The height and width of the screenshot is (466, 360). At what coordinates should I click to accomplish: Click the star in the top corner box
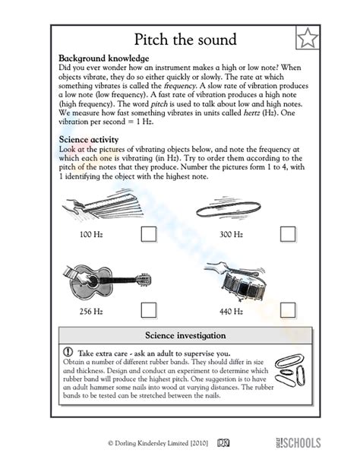pos(308,38)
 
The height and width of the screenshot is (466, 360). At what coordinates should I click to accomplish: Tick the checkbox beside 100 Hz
pos(149,234)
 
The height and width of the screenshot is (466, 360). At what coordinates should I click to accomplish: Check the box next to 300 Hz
pos(288,234)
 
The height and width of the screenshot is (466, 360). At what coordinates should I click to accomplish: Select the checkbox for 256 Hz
pos(149,310)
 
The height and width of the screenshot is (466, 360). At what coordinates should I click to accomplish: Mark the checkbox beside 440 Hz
pos(288,310)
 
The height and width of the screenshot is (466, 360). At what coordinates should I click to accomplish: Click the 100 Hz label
pos(91,234)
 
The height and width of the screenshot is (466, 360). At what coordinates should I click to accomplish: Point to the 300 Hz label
pos(231,234)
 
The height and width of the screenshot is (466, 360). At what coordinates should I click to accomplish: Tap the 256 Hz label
pos(91,312)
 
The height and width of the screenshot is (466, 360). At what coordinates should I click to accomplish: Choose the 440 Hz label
pos(231,312)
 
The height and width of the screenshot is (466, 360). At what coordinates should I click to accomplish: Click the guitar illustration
pos(107,281)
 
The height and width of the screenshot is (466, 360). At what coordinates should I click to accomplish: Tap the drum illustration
pos(238,281)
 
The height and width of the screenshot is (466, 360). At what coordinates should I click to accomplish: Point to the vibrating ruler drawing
pos(103,204)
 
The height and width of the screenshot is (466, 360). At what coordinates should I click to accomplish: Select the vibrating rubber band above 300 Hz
pos(228,208)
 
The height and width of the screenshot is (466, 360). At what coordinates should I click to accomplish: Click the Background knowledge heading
pos(104,59)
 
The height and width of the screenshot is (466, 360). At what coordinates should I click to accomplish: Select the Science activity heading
pos(89,140)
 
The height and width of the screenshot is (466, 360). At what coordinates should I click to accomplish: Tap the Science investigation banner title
pos(185,335)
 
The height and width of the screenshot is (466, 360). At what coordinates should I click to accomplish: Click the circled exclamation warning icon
pos(68,352)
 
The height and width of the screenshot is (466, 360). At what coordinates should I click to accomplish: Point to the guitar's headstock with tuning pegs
pos(144,280)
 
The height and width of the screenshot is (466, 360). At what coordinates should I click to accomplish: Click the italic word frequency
pos(180,86)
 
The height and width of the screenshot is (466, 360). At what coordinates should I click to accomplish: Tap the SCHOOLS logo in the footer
pos(298,443)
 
